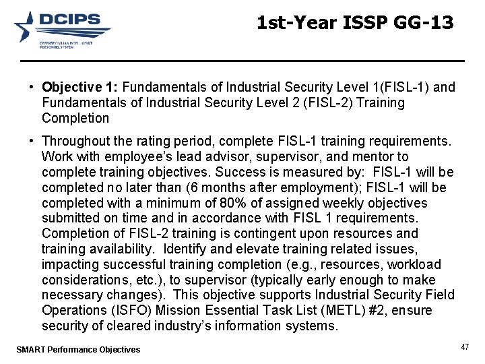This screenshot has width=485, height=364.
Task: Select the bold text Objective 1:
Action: point(79,88)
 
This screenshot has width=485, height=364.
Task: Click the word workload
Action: point(415,265)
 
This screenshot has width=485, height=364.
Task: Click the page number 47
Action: point(465,346)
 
